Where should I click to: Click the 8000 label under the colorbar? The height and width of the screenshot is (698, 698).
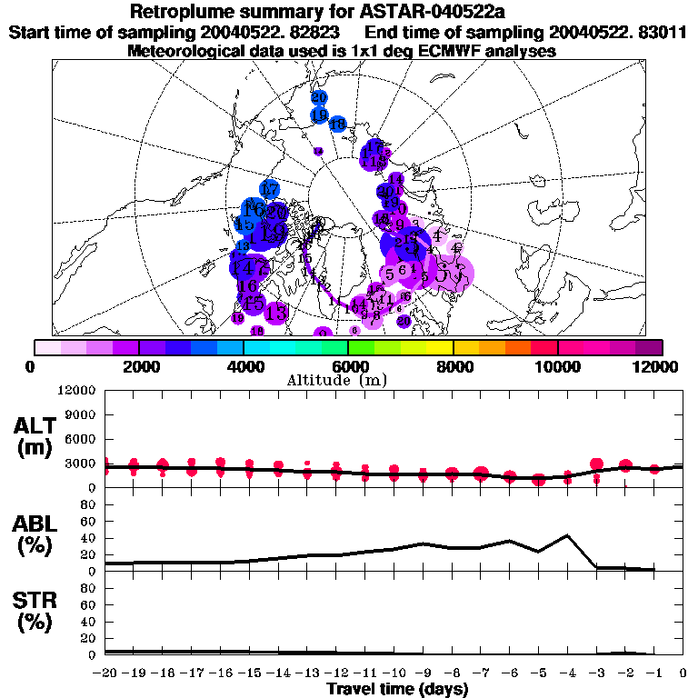(x=453, y=366)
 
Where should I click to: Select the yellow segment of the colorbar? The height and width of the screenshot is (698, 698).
(x=440, y=347)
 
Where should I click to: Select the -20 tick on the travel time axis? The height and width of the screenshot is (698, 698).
(x=105, y=673)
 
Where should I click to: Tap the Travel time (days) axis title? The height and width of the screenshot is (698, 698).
(x=397, y=690)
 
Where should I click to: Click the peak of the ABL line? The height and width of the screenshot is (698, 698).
(x=567, y=535)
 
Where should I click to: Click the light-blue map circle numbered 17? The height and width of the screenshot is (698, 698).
(x=269, y=189)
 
